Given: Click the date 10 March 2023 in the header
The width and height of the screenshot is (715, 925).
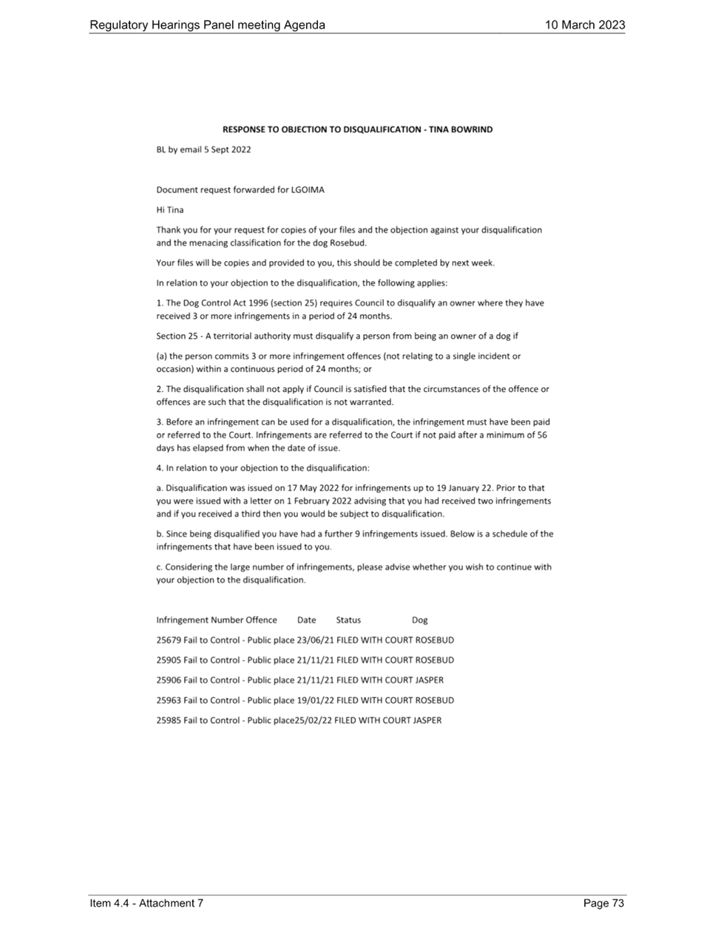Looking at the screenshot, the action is (585, 24).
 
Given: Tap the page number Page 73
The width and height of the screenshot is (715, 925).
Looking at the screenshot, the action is (603, 903).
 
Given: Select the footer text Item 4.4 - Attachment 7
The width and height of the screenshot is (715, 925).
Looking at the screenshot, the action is (146, 903).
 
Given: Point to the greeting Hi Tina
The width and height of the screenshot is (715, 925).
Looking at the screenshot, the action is (170, 210).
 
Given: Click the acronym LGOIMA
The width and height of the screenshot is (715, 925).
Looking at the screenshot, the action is (308, 190).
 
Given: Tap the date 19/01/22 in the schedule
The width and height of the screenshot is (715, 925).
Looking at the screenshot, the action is (316, 700).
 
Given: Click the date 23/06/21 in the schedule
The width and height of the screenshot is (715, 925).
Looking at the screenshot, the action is (316, 640).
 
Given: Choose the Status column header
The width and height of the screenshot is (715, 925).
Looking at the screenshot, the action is (348, 620).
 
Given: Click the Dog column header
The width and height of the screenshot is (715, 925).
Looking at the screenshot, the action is (420, 620).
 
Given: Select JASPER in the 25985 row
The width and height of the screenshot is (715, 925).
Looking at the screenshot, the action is (427, 720).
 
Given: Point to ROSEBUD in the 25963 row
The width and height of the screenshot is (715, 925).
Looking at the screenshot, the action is (435, 700).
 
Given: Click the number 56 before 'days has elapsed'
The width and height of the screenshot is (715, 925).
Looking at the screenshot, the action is (542, 435).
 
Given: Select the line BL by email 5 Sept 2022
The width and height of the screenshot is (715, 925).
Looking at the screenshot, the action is (203, 150).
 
